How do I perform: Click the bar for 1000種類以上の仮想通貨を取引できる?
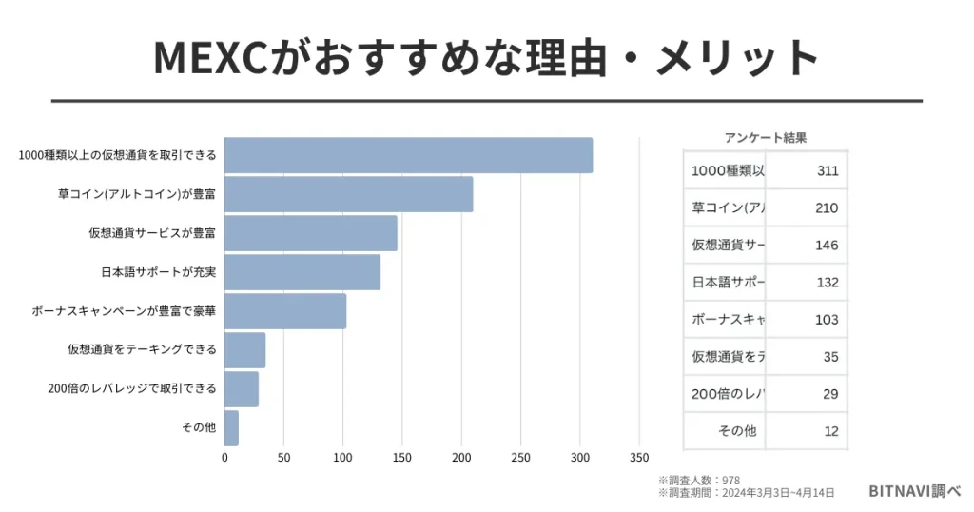(408, 155)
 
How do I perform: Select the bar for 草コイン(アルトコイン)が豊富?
(348, 194)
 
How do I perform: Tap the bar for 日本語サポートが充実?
(302, 272)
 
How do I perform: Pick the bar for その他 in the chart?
(231, 427)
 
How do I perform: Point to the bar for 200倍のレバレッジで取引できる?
(242, 388)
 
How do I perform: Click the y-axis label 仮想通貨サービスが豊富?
(152, 233)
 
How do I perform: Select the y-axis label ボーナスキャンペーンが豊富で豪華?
(125, 311)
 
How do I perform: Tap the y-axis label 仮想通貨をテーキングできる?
(142, 349)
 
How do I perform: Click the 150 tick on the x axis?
(402, 458)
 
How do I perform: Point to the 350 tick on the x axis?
(639, 458)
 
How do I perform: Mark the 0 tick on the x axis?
(224, 458)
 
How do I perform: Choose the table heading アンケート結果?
(765, 137)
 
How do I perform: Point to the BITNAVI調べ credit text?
(914, 491)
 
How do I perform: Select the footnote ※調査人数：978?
(699, 480)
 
